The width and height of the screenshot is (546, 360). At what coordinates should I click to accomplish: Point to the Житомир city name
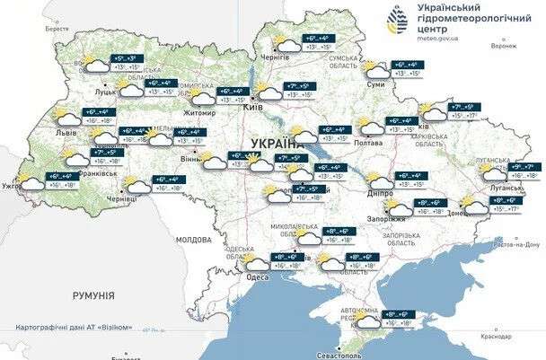coord(199,114)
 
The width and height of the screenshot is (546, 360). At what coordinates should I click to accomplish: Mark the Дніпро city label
coord(382,192)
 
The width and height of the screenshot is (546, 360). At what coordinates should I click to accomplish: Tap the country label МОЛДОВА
coord(193,241)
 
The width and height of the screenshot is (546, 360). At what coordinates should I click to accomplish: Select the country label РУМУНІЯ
coord(93,294)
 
